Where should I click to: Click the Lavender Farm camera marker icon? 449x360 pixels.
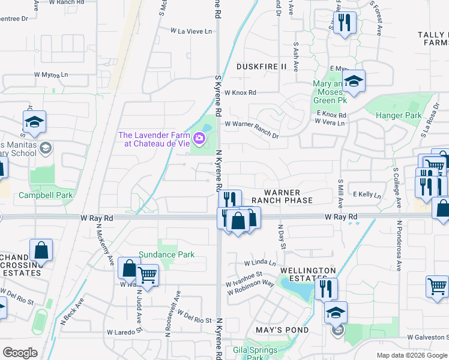tap(199, 139)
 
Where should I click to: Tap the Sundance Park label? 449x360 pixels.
tap(167, 254)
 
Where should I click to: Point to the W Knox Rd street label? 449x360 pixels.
tap(240, 92)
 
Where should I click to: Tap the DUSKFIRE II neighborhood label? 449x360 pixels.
tap(262, 66)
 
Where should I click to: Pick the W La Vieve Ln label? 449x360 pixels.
tap(191, 31)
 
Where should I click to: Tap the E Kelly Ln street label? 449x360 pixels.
tap(367, 194)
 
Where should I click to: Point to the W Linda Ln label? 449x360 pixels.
tap(259, 263)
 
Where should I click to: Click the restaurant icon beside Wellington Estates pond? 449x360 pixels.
tap(326, 289)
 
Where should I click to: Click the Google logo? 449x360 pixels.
tap(20, 353)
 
